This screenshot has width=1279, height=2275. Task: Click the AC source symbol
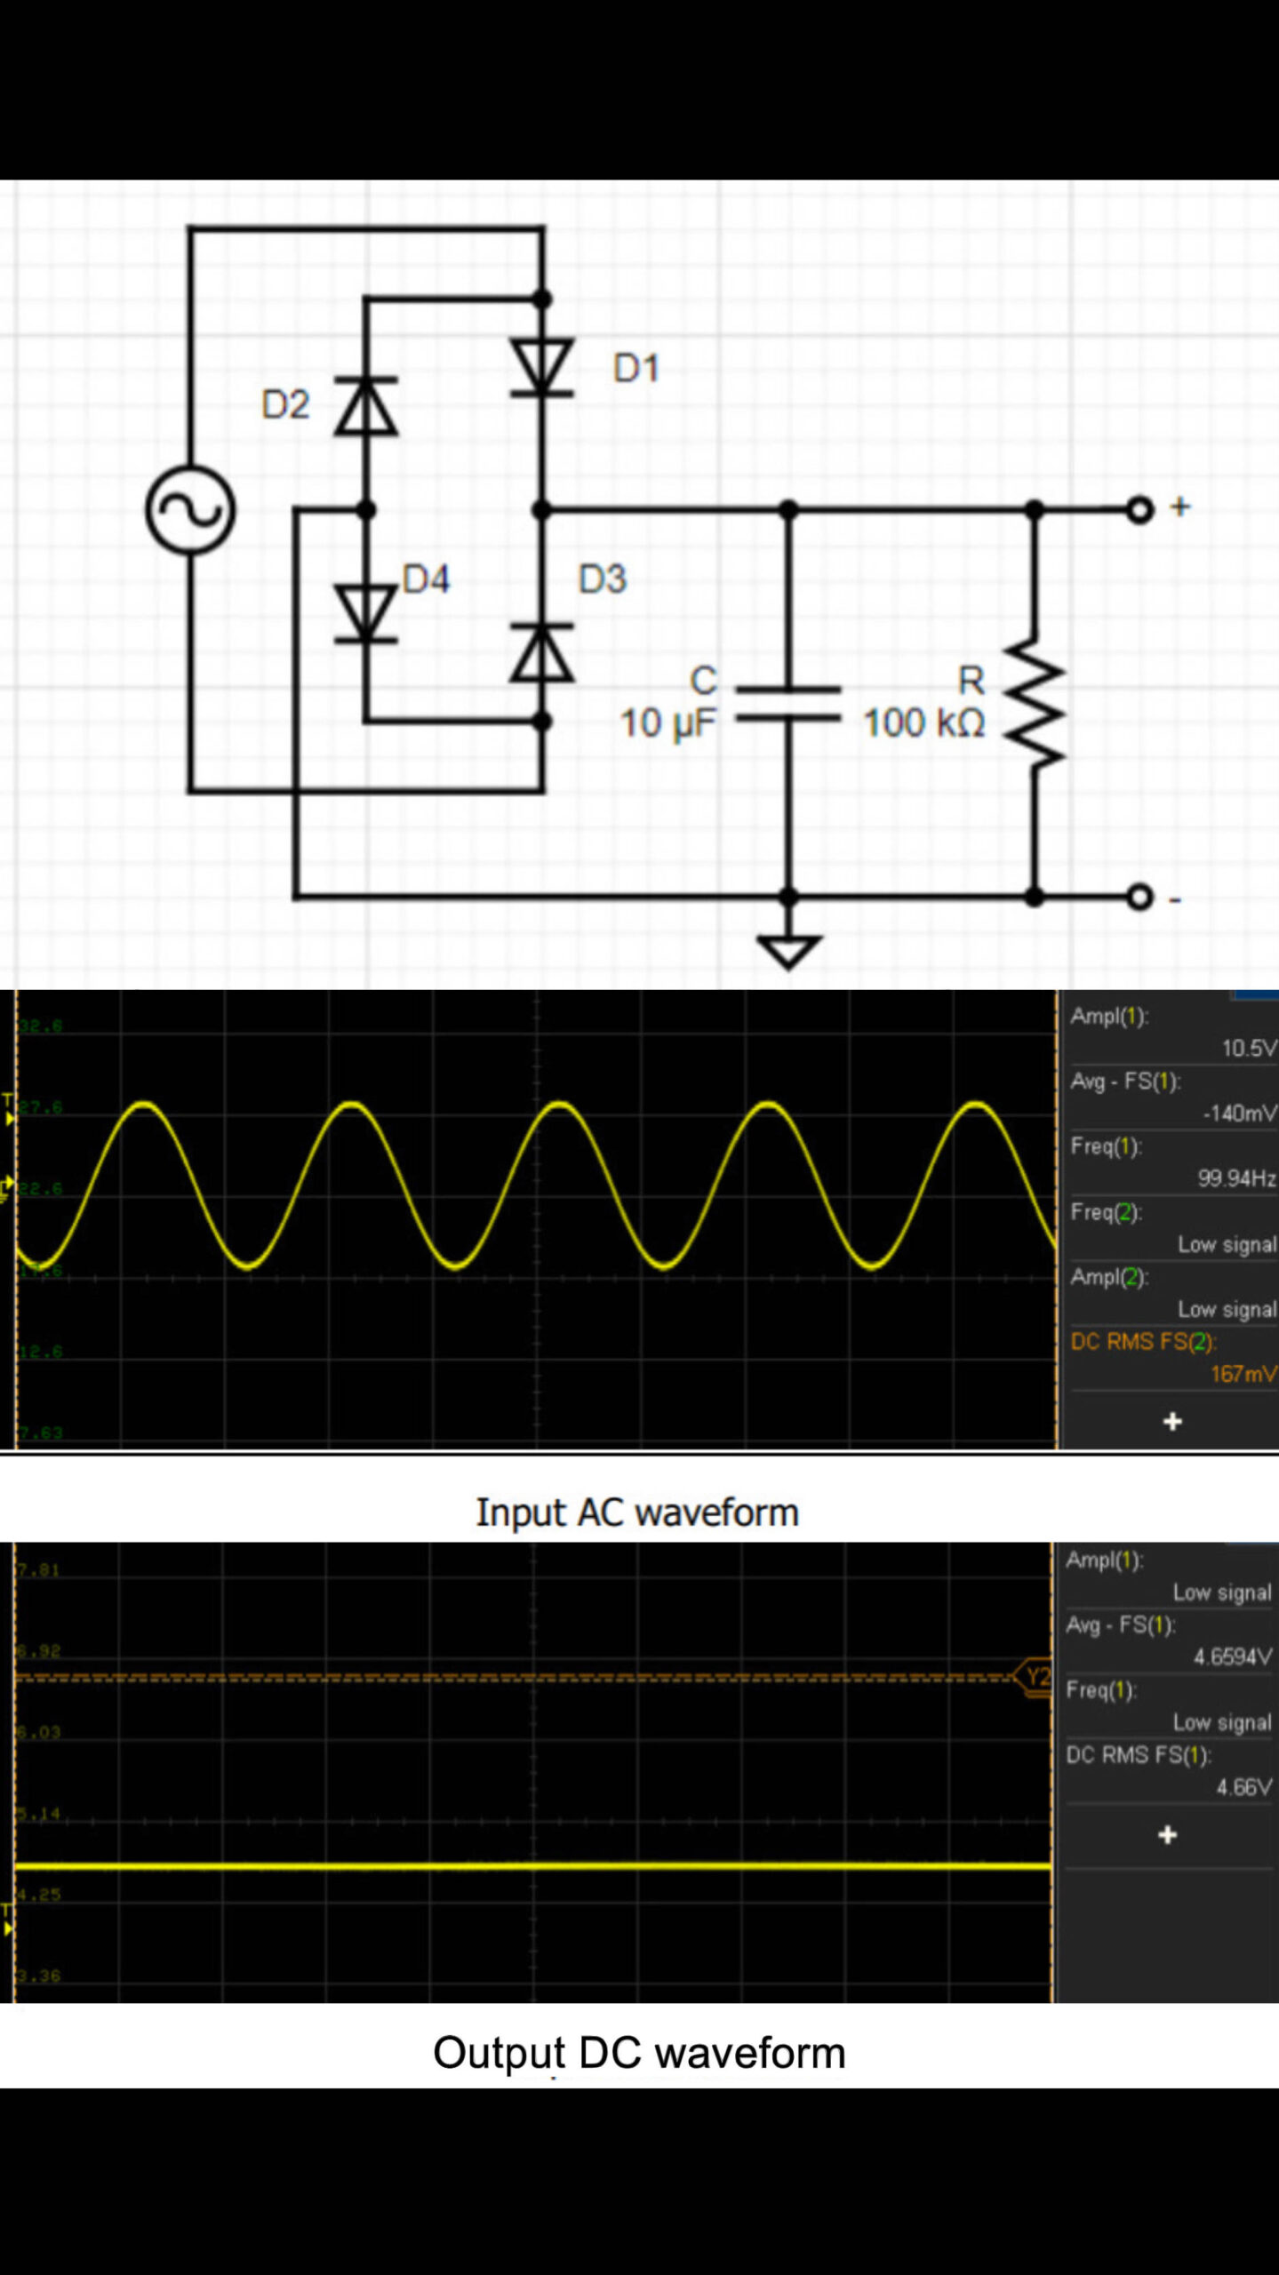(190, 510)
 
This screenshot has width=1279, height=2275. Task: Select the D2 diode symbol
(365, 405)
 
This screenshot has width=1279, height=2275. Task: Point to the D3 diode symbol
(542, 653)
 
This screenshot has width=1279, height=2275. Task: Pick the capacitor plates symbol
(788, 703)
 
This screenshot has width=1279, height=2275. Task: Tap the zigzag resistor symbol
(1034, 702)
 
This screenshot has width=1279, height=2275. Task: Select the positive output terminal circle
(1139, 510)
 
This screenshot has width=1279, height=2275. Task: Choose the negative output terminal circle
(1139, 897)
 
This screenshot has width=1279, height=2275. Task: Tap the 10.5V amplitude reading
(1248, 1049)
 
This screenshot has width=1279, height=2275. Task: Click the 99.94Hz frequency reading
(1235, 1178)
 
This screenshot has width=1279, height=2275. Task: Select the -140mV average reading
(1239, 1114)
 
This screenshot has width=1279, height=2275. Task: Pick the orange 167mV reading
(1243, 1374)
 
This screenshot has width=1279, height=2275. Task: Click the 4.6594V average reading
(1232, 1657)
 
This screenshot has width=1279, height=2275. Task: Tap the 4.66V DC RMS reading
(1243, 1787)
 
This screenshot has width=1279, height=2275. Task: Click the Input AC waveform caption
(637, 1513)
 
